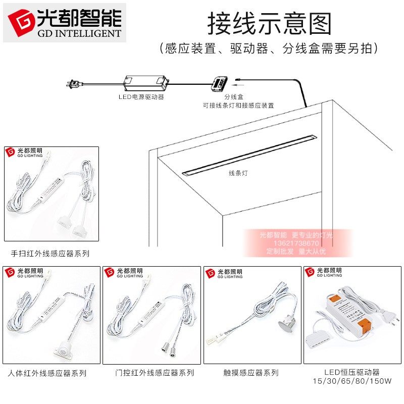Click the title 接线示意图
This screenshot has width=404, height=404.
[270, 23]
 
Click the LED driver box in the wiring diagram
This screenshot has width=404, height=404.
[146, 81]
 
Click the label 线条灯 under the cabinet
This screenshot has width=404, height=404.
[238, 173]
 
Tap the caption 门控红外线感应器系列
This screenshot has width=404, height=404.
[155, 373]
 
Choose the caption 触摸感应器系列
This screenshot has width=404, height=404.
[251, 373]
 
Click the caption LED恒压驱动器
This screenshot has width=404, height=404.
[352, 372]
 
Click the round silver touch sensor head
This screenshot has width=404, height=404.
[285, 323]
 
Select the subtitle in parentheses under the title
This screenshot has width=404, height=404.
[268, 49]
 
